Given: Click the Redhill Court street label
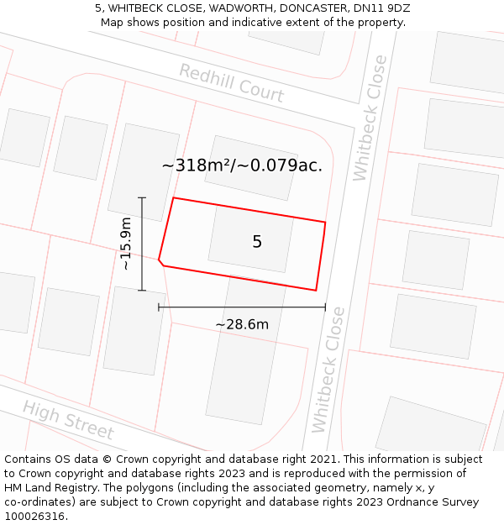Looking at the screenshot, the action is [231, 83].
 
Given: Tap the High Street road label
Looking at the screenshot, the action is [68, 419].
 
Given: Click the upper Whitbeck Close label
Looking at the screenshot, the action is [370, 118].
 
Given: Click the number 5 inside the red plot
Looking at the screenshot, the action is [257, 242].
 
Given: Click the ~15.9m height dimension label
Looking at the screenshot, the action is [126, 244].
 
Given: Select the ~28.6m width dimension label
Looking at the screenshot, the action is [242, 324].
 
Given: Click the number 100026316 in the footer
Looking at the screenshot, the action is [36, 516].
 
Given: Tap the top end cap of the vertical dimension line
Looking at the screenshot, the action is [142, 197].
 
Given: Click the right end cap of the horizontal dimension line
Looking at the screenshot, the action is [325, 307].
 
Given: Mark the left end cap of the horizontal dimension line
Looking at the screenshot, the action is [159, 307].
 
